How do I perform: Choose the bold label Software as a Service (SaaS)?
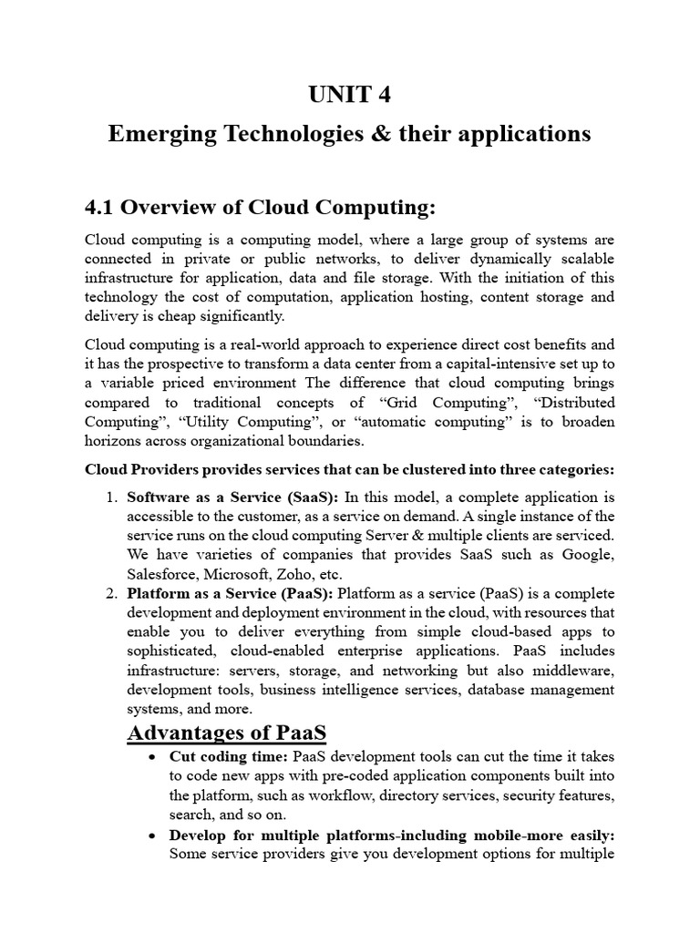tap(232, 497)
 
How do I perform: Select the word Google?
tap(589, 555)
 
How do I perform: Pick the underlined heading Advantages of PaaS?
tap(226, 733)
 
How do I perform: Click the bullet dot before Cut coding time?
tap(151, 757)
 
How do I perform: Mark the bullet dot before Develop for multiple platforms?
tap(151, 834)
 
